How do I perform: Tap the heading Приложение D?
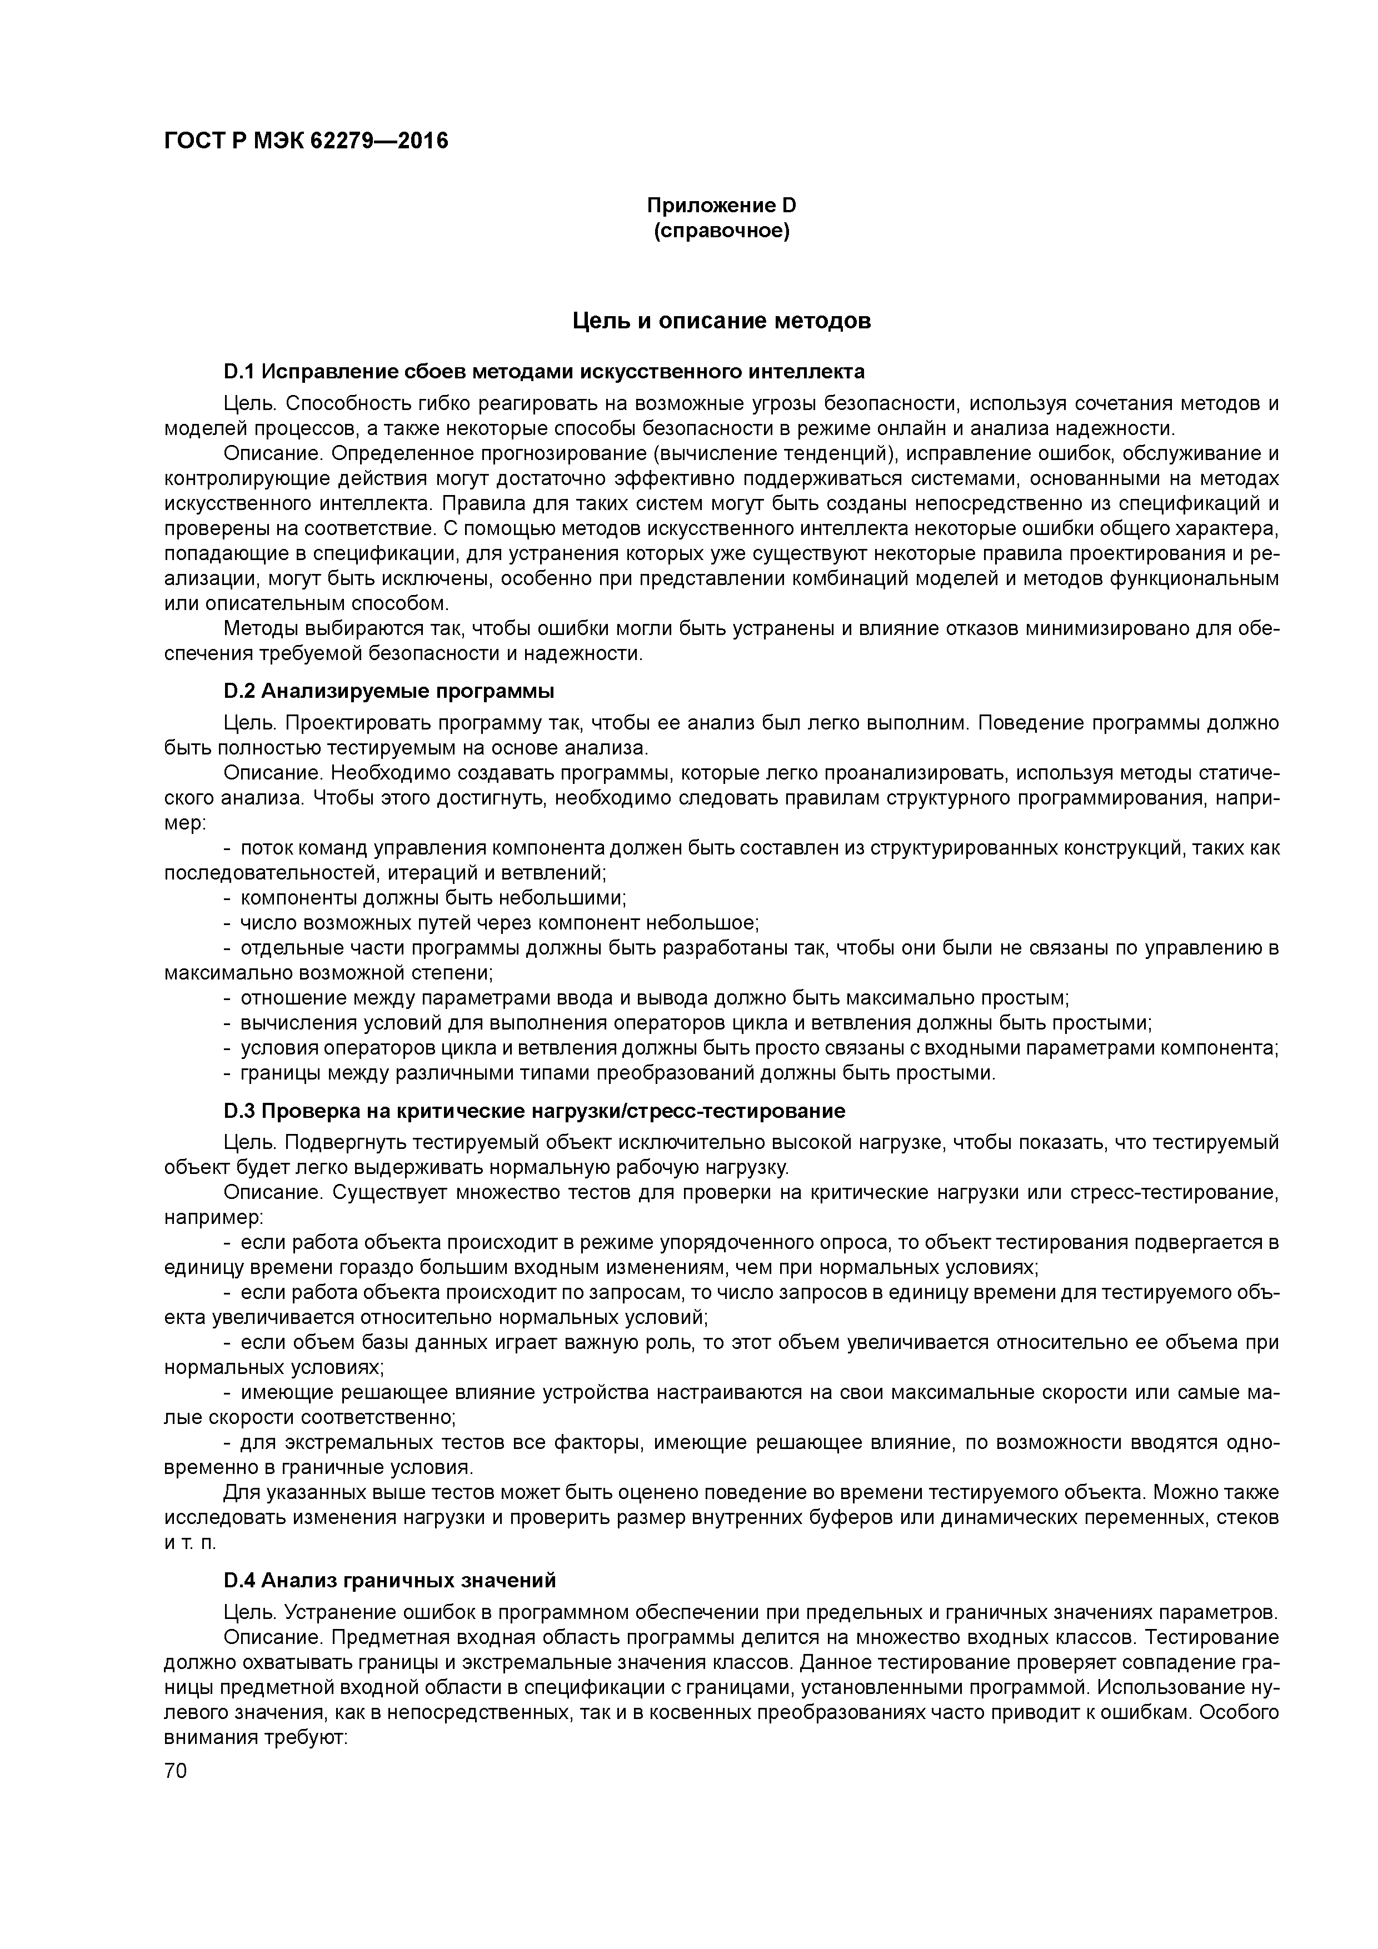pos(721,206)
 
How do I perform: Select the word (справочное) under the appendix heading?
pos(721,231)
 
